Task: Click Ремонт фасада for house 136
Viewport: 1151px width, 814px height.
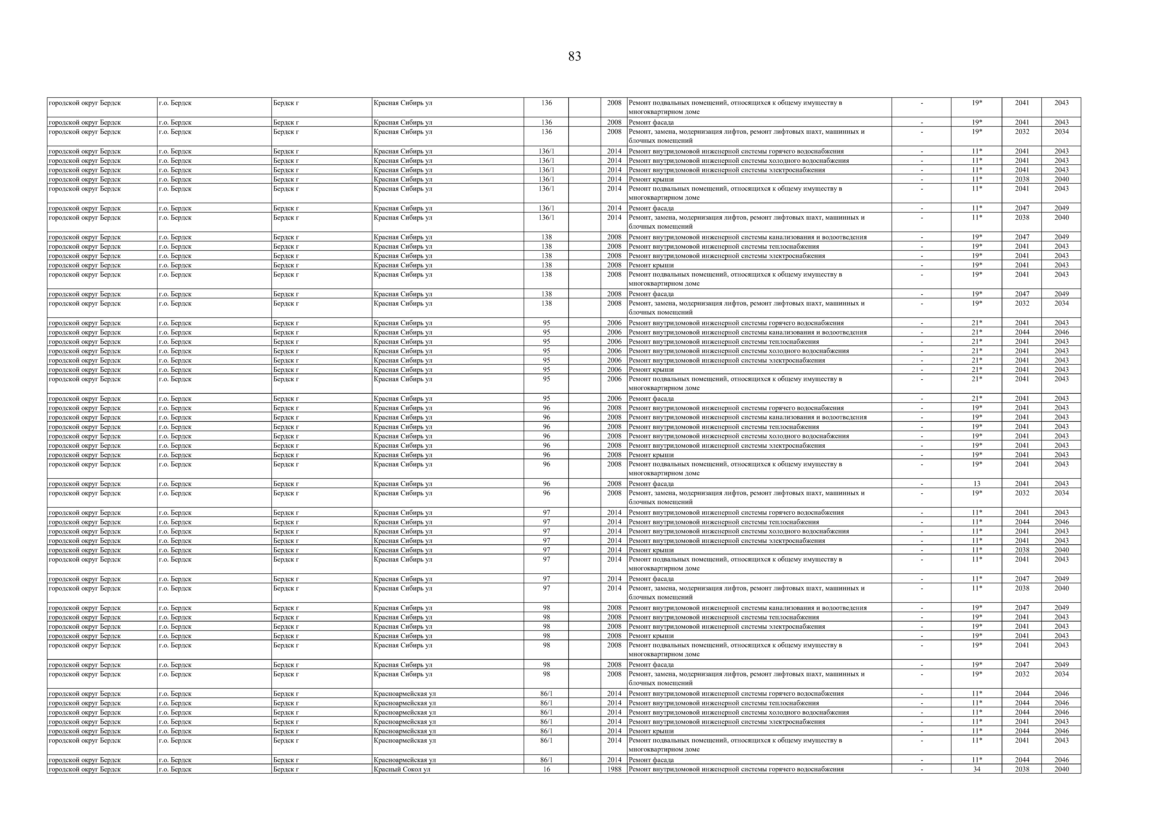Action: click(x=651, y=122)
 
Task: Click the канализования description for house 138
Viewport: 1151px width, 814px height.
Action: click(x=747, y=237)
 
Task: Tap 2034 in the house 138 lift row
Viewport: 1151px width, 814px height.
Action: click(x=1061, y=303)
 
